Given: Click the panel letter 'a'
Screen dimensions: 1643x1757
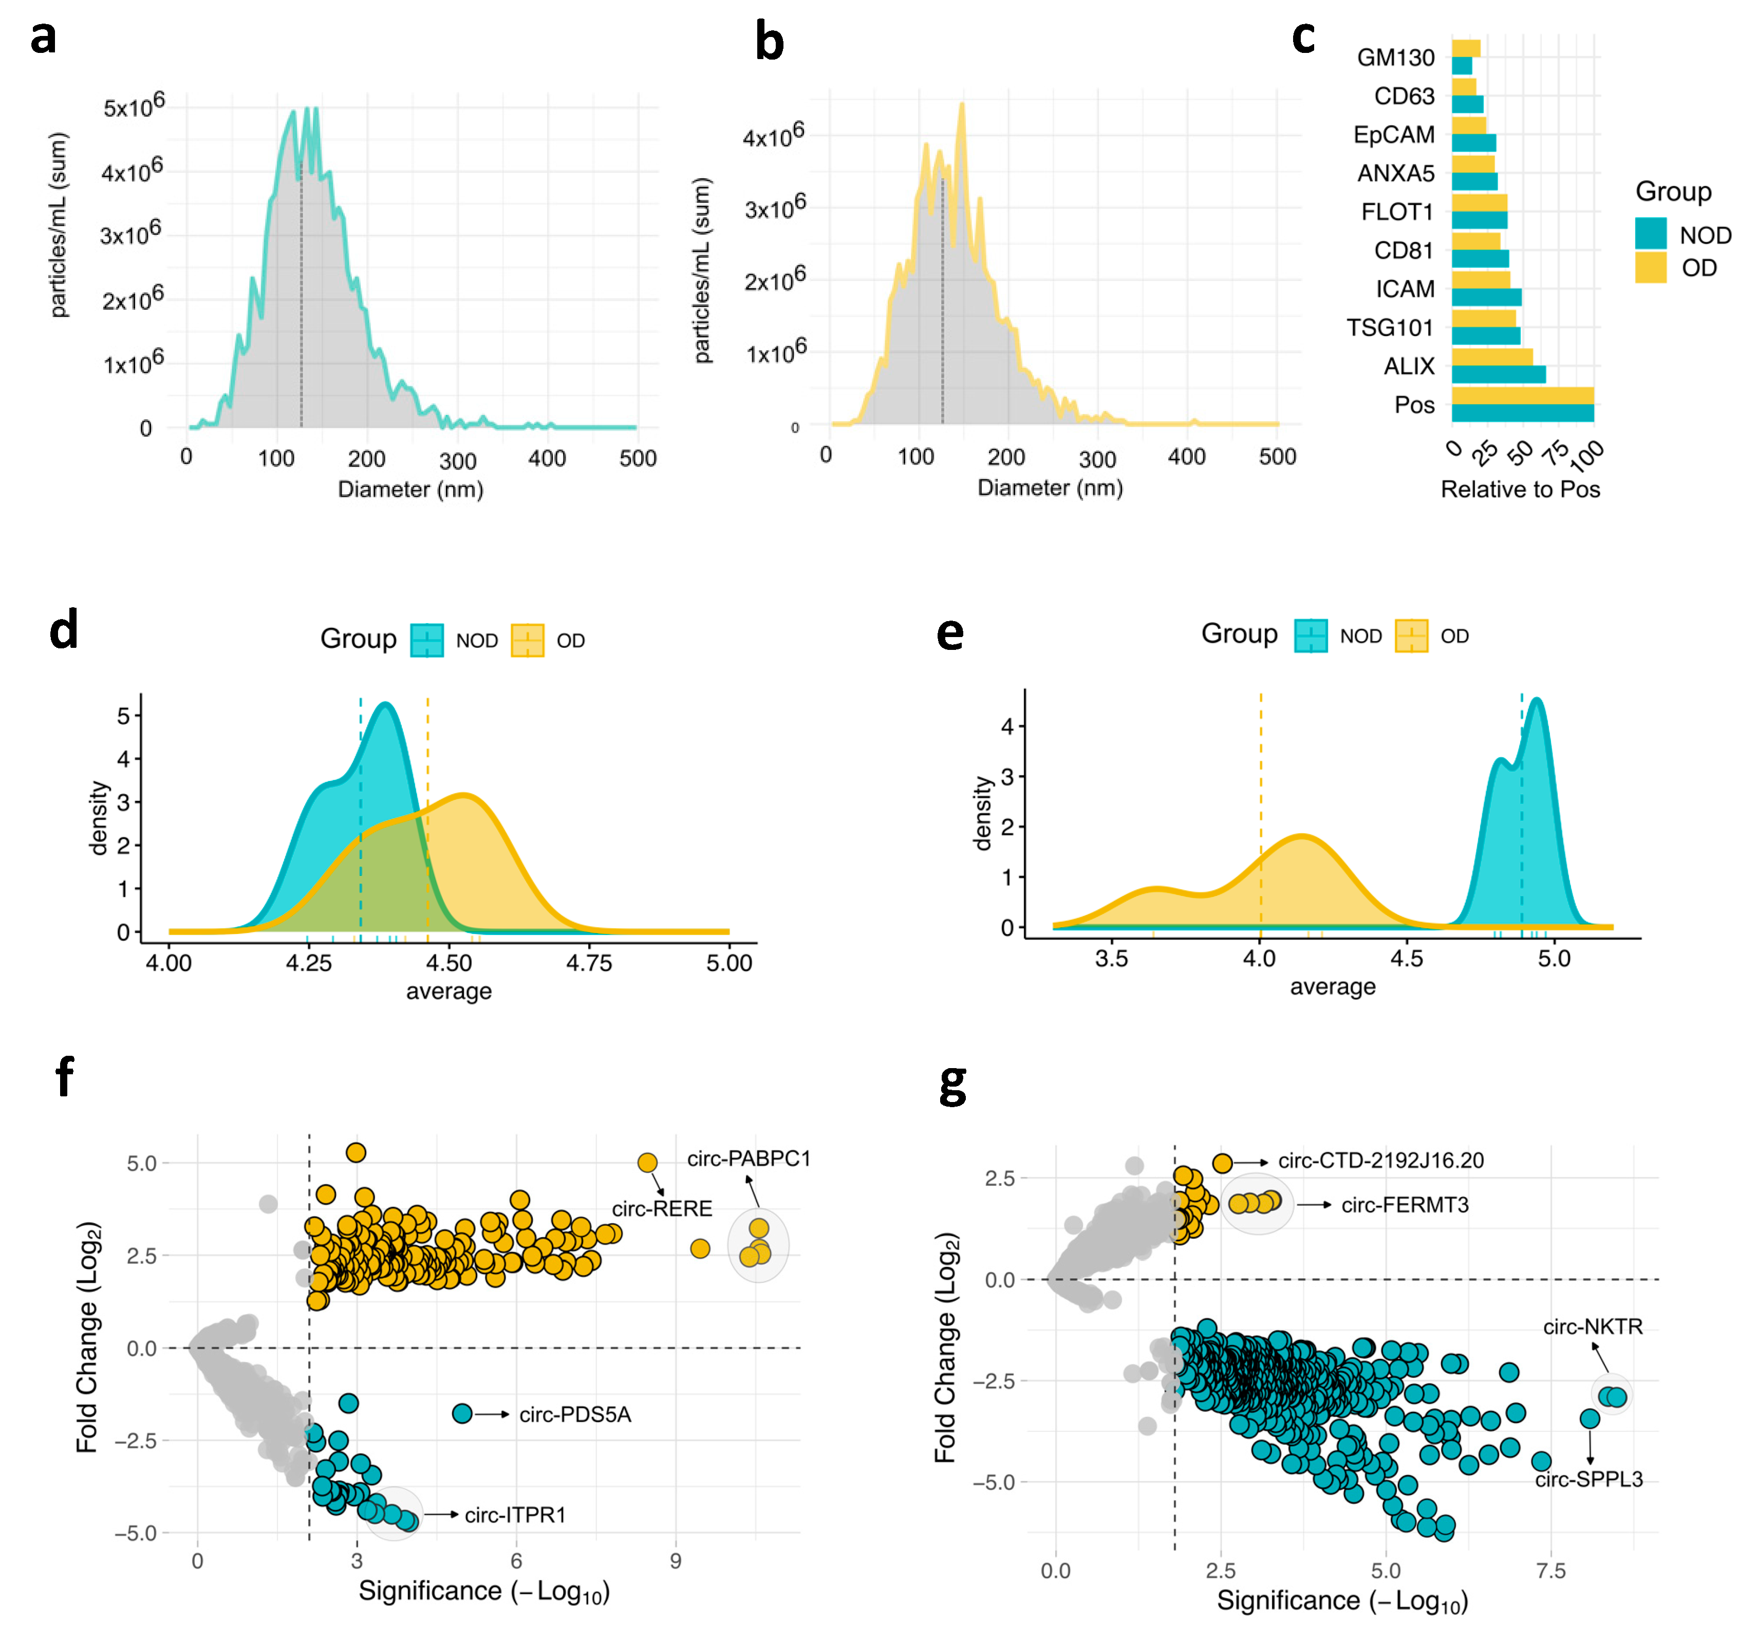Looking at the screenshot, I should click(43, 37).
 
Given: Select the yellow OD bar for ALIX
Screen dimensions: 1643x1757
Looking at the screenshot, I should click(1492, 357).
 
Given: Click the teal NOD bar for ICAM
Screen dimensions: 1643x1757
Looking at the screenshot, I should click(1486, 297).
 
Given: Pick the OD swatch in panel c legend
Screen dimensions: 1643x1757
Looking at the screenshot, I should click(1650, 268).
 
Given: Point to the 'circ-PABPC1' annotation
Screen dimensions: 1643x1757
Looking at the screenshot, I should click(749, 1158).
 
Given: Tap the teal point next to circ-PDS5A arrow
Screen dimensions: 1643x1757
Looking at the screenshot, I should click(461, 1413).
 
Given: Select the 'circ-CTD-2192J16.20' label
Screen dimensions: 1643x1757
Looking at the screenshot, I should click(1380, 1161).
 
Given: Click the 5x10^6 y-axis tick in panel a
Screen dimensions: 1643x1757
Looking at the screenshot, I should click(134, 107).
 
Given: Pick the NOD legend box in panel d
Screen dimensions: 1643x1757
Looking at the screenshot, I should click(427, 640).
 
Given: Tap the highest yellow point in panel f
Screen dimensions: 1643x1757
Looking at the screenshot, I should click(356, 1152).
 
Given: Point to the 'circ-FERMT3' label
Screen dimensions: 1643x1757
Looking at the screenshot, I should click(1405, 1205).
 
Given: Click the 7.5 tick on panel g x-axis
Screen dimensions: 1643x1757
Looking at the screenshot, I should click(1551, 1571).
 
